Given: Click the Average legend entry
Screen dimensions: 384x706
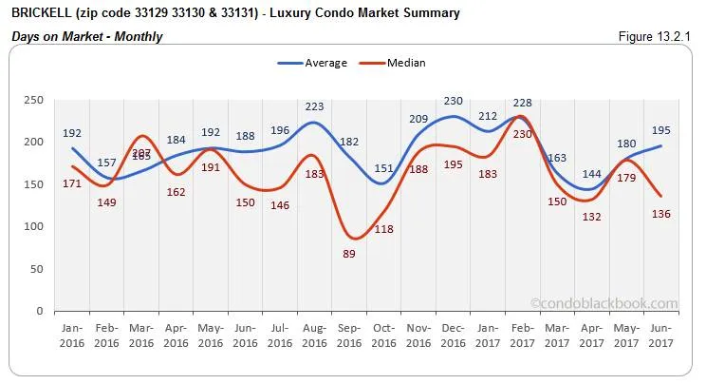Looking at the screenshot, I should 312,64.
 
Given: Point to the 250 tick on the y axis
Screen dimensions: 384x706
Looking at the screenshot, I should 33,100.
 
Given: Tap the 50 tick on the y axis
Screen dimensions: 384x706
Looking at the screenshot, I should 36,269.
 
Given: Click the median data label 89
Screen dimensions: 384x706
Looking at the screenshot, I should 348,254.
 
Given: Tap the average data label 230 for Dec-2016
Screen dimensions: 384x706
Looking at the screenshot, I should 454,101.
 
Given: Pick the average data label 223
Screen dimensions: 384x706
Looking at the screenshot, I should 314,106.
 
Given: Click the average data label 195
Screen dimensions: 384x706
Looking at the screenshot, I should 660,130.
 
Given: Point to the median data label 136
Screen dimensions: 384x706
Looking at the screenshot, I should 660,214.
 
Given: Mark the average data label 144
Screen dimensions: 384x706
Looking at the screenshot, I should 592,174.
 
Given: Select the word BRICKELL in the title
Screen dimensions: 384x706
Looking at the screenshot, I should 44,13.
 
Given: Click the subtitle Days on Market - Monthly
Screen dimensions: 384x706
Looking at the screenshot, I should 86,36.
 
